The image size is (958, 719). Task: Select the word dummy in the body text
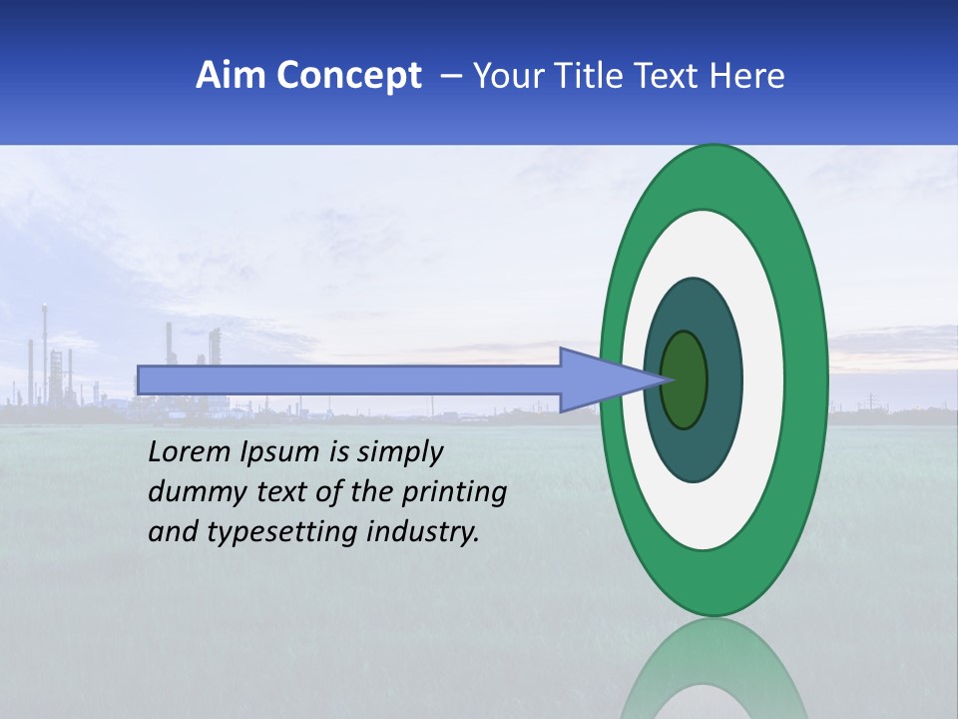pos(189,492)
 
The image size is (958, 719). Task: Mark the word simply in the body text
pos(399,452)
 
